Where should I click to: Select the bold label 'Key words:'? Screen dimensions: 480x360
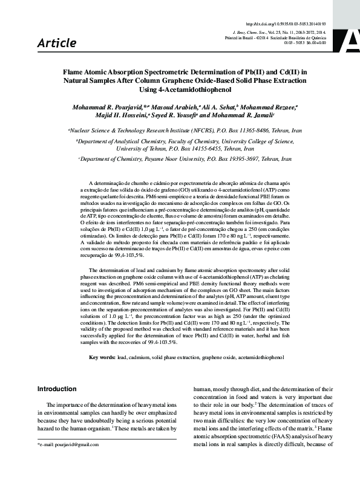pos(102,358)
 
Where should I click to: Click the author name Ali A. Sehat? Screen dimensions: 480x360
pos(220,106)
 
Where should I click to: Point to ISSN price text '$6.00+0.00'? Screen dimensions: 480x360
pos(315,43)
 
